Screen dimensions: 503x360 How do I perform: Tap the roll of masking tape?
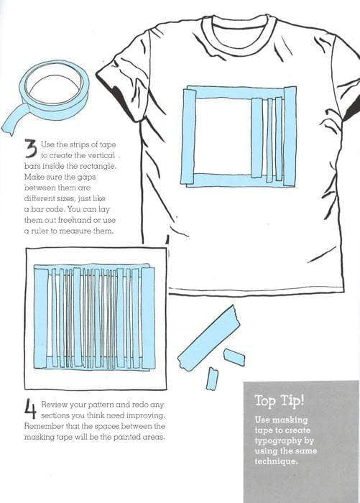[52, 90]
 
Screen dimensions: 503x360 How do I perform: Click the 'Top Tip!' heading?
[278, 400]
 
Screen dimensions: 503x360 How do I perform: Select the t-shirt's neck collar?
[237, 29]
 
